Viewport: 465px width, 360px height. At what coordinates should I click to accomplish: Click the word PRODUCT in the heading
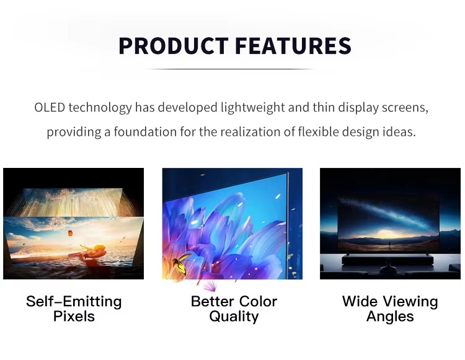tap(174, 46)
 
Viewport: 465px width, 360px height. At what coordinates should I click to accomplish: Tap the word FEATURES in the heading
tap(293, 46)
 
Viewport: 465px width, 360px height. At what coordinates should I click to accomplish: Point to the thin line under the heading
tap(231, 69)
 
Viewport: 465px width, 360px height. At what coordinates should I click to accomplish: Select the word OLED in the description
tap(50, 107)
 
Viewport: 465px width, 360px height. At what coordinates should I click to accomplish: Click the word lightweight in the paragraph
tap(253, 108)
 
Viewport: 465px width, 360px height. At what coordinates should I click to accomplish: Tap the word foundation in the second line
tap(145, 131)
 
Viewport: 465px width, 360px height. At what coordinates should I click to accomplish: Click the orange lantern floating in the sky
tap(70, 234)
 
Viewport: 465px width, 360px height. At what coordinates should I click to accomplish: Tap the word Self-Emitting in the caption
tap(74, 302)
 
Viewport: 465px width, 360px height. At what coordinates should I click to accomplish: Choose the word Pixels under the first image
tap(74, 317)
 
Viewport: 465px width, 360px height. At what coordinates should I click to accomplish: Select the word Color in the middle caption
tap(257, 302)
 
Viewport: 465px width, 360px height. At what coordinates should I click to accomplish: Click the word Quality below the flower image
tap(234, 317)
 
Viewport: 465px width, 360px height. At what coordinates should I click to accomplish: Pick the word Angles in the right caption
tap(390, 317)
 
